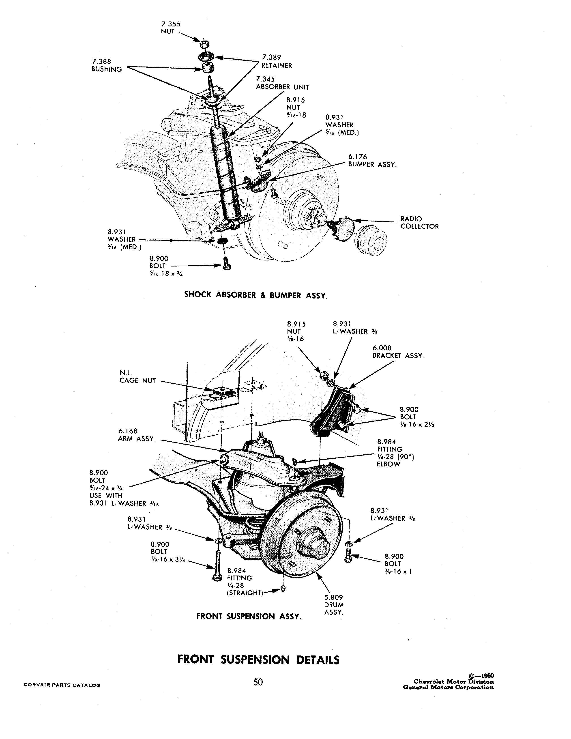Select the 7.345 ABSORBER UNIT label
pos(282,83)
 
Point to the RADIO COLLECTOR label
pos(419,223)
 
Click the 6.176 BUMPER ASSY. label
pos(372,160)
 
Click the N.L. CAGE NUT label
pos(137,377)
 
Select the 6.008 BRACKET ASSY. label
pos(398,352)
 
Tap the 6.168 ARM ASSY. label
pos(137,435)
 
